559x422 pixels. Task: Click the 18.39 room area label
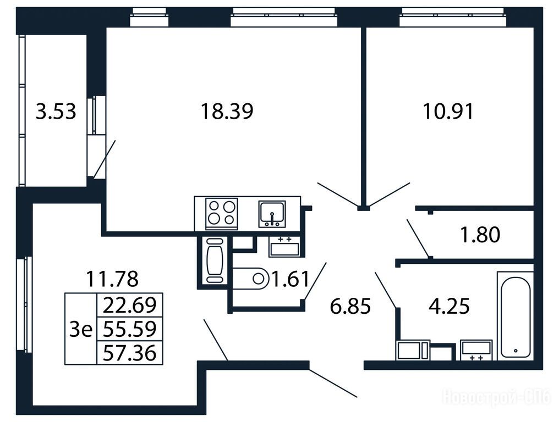coord(227,111)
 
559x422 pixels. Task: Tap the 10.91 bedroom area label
coord(448,111)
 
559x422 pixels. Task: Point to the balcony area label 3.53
coord(56,111)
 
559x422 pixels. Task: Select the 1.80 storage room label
coord(480,234)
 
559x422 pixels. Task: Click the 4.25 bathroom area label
coord(449,306)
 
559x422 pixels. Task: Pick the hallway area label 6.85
coord(350,306)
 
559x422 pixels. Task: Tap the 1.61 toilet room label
coord(290,279)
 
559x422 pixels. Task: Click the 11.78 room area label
coord(112,279)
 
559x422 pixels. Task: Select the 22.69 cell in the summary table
coord(130,305)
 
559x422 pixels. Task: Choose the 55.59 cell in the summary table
coord(130,329)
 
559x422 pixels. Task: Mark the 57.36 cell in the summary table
coord(130,353)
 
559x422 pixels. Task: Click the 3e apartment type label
coord(81,329)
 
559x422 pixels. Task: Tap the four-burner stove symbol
coord(221,213)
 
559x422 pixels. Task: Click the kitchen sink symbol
coord(272,214)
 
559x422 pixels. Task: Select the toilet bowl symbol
coord(250,279)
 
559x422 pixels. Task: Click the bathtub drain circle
coord(516,351)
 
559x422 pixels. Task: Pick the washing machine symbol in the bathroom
coord(413,350)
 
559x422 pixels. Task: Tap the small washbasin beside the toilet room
coord(284,246)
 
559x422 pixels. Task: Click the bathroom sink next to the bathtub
coord(476,350)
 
